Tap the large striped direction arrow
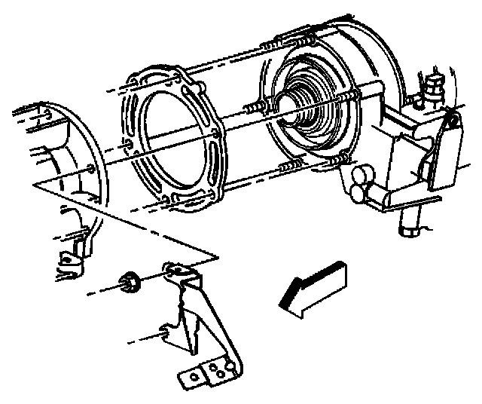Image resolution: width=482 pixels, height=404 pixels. click(x=311, y=286)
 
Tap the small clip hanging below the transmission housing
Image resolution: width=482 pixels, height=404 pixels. click(x=70, y=260)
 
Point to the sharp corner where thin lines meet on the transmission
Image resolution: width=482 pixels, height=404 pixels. click(x=218, y=256)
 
